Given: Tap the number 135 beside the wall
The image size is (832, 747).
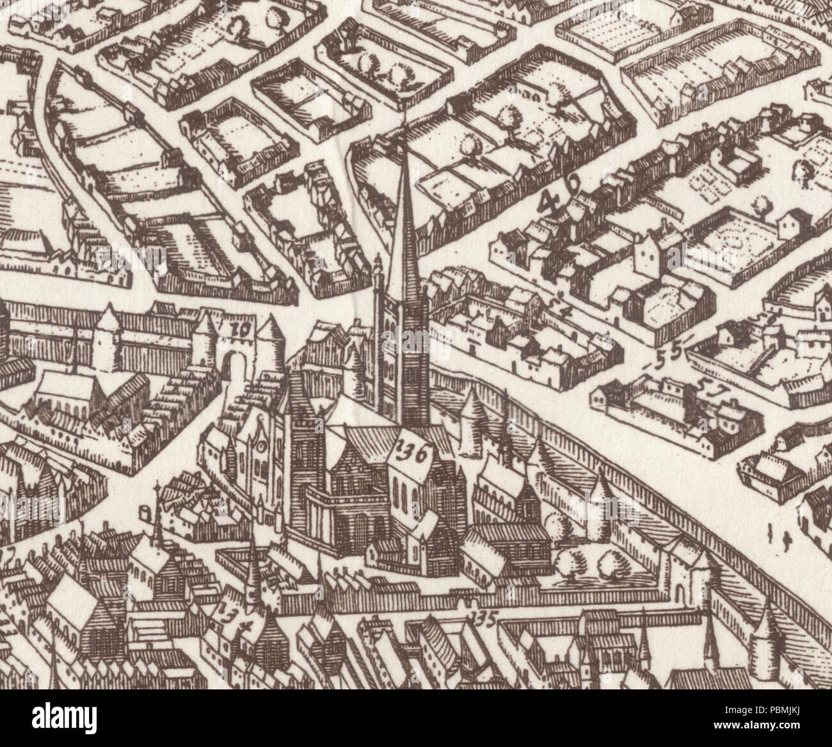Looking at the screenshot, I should (483, 618).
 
